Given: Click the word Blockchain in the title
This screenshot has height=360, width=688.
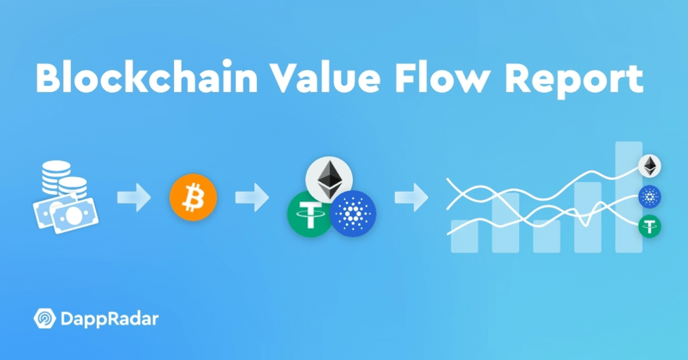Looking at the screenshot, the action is [147, 78].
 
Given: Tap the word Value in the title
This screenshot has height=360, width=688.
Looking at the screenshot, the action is [325, 78].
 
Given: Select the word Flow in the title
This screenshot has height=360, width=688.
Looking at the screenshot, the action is [442, 78].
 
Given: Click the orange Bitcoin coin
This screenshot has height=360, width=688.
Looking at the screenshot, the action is [193, 197].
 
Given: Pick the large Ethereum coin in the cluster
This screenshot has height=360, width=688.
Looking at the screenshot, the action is [329, 180].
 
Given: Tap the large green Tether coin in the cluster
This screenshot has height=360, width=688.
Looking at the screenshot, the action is [310, 214].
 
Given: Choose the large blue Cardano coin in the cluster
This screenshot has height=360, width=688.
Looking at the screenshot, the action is [353, 214].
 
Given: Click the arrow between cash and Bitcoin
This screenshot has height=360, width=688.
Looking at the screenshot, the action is [134, 197].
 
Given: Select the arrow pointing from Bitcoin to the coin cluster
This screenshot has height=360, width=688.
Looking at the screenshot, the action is [252, 197].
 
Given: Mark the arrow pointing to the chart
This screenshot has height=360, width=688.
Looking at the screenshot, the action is [412, 197].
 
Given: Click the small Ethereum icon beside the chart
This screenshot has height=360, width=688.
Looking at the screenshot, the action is [650, 166].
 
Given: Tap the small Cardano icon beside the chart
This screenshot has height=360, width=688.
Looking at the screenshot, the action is [650, 196].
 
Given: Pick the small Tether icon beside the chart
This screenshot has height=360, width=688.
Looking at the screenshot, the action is [650, 227].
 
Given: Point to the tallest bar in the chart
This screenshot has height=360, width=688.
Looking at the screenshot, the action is [629, 197].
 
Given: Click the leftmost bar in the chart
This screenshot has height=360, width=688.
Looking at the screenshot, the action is [464, 236].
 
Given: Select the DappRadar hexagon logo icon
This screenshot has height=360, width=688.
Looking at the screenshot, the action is [45, 319].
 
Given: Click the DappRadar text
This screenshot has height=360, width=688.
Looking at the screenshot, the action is [110, 319].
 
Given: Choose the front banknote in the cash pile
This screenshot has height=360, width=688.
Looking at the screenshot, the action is [74, 215].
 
